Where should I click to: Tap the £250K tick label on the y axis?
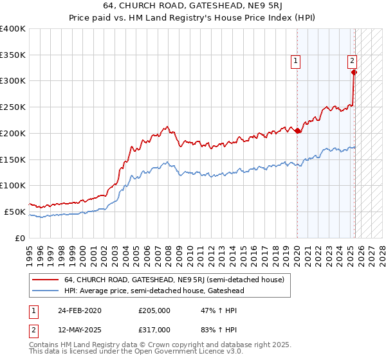pos(13,107)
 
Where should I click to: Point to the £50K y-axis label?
pos(15,212)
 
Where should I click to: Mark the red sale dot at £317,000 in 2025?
pos(354,72)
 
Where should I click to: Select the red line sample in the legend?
pos(46,280)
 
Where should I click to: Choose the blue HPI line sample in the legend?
pos(46,291)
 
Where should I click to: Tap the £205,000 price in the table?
pos(155,310)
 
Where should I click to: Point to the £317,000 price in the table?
pos(155,330)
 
